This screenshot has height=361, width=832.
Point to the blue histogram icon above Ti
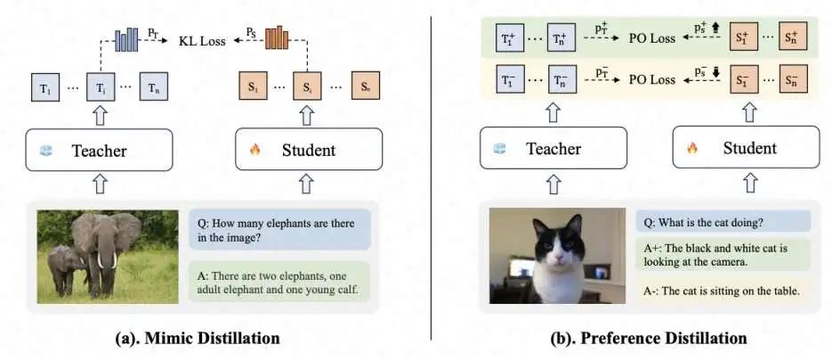(125, 38)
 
